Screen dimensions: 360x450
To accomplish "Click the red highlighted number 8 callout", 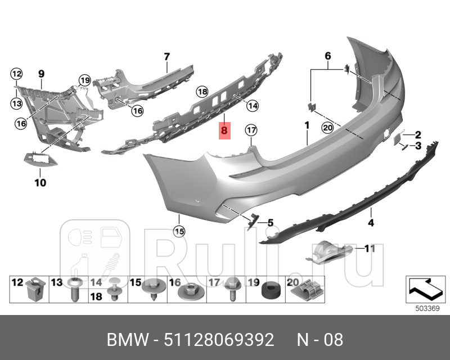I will pyautogui.click(x=224, y=130).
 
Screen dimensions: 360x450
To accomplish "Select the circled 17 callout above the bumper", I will pyautogui.click(x=251, y=130).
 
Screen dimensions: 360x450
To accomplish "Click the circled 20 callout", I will pyautogui.click(x=327, y=127).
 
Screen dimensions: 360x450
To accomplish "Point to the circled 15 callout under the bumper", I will pyautogui.click(x=179, y=230).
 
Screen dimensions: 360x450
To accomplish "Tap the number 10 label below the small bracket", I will pyautogui.click(x=41, y=182).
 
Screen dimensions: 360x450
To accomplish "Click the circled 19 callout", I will pyautogui.click(x=84, y=80).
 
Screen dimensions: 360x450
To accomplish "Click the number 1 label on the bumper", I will pyautogui.click(x=307, y=124).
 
